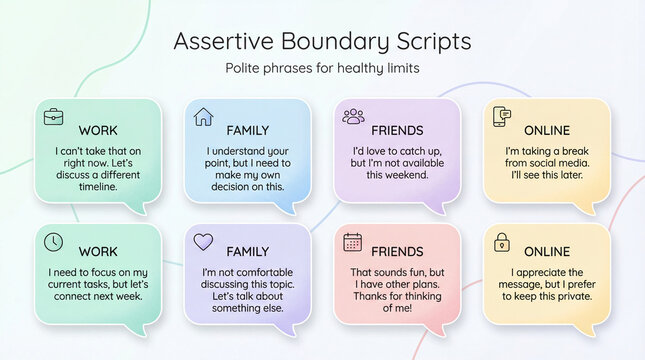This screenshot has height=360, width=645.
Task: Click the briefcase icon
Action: click(x=53, y=117)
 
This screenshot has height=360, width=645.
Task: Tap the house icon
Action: click(x=203, y=117)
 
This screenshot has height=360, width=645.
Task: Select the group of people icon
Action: click(x=353, y=117)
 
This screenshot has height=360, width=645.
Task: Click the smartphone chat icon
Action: click(x=503, y=117)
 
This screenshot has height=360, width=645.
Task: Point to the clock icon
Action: click(x=53, y=242)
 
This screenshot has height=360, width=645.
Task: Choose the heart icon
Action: click(x=203, y=242)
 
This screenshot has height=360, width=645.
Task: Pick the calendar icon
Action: click(x=353, y=242)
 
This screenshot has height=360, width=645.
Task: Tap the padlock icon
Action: click(x=503, y=242)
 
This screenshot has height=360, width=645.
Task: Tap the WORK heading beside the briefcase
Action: click(x=98, y=130)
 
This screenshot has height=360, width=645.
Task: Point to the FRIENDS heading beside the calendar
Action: click(x=397, y=252)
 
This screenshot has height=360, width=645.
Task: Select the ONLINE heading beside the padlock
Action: click(x=547, y=252)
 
